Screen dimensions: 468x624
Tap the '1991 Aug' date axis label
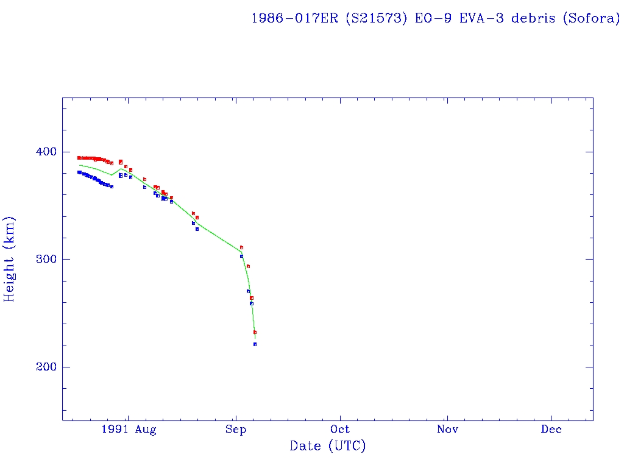129,430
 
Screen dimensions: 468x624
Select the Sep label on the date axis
236,430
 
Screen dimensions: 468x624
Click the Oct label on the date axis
341,430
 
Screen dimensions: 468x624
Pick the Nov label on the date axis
447,430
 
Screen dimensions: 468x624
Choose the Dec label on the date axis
552,430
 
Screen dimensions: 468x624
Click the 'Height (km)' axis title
9,259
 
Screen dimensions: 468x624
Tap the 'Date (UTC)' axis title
328,447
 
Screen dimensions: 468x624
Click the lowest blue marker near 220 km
255,344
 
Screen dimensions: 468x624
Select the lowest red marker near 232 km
255,332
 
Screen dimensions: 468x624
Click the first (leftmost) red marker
79,158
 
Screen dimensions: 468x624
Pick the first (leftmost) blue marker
79,172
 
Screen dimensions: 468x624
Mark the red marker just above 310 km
241,247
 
